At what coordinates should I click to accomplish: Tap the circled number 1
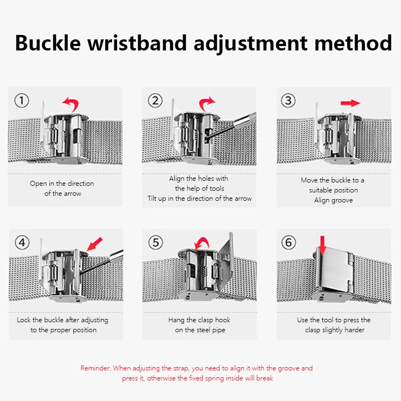tap(21, 101)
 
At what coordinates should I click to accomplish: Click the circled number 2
tap(155, 101)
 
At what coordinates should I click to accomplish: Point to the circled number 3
tap(288, 101)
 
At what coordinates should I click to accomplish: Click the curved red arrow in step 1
tap(70, 103)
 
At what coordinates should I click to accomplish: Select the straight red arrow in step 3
tap(350, 103)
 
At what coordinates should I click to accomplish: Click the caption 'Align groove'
tap(333, 200)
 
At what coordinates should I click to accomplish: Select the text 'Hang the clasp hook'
tap(199, 320)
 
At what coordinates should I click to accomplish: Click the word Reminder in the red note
tap(96, 368)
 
